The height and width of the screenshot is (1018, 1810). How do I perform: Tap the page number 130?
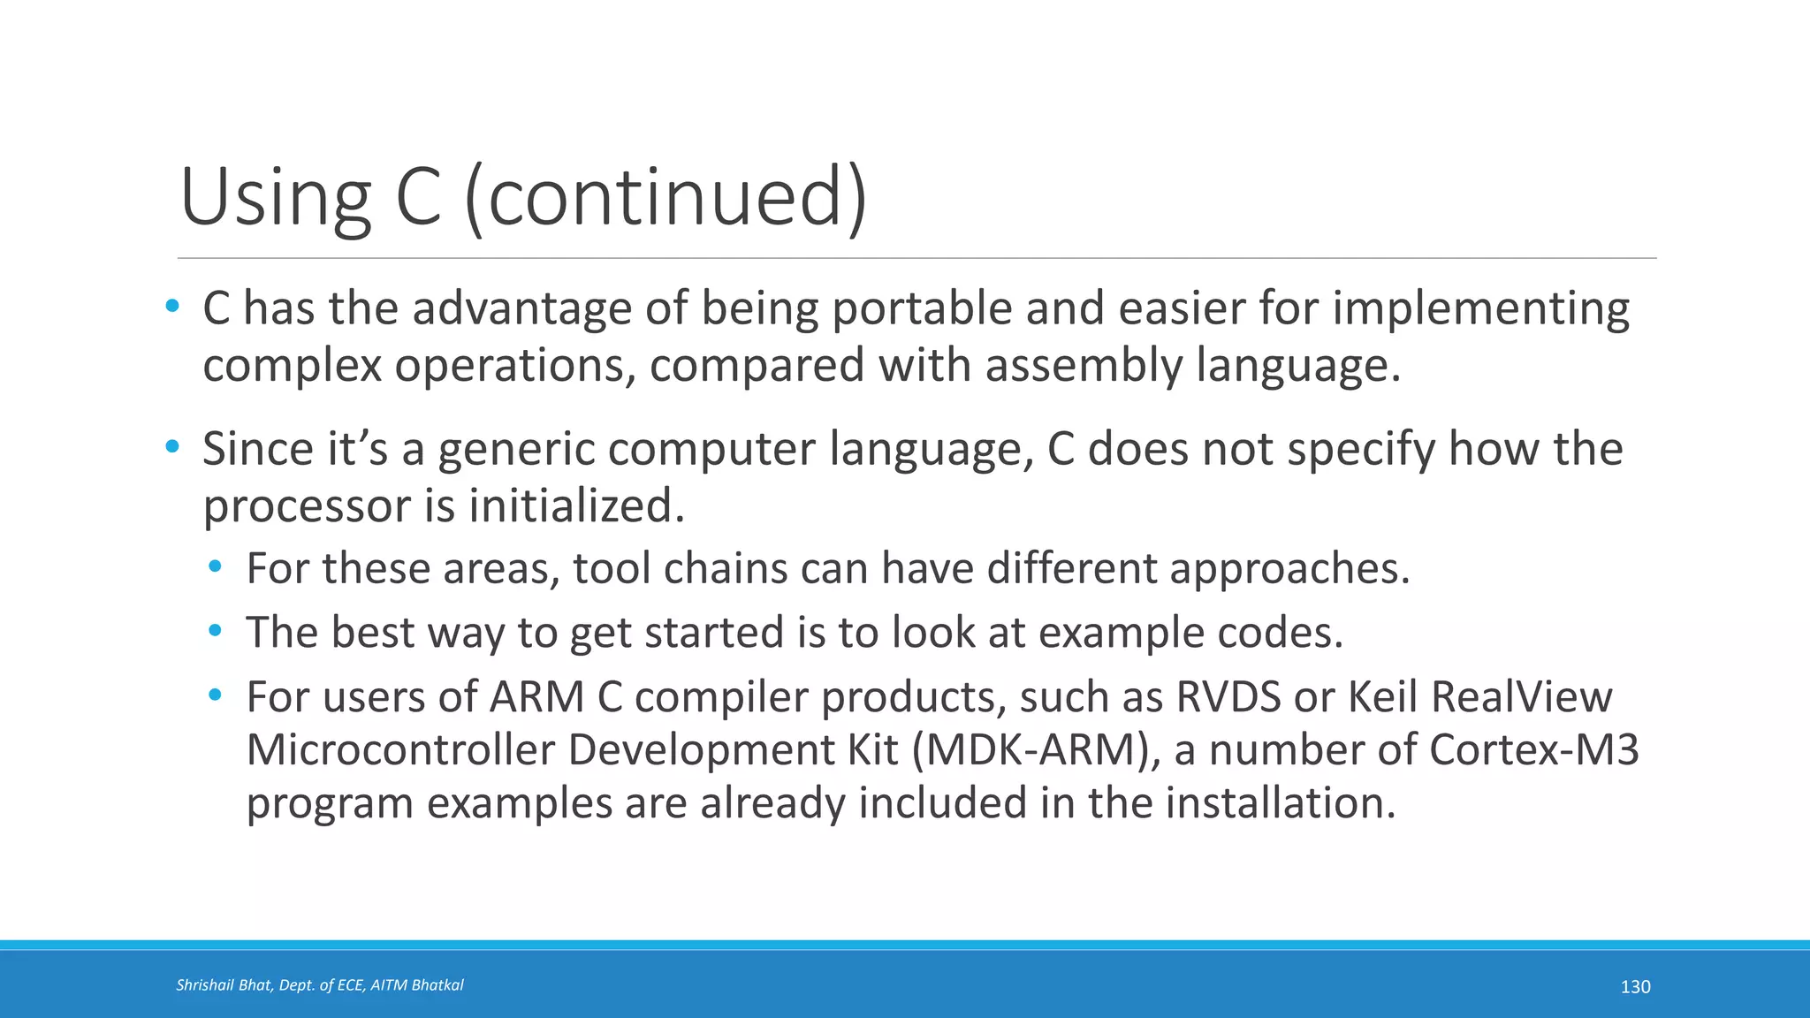1635,987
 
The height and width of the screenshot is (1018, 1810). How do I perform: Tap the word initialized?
576,506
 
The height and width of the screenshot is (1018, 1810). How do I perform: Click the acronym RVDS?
1228,697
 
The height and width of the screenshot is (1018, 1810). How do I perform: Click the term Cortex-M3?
1533,750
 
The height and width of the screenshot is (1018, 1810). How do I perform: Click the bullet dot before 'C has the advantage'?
172,307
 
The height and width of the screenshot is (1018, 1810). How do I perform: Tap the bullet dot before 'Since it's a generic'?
172,447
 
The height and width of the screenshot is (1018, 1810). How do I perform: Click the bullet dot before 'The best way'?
215,631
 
